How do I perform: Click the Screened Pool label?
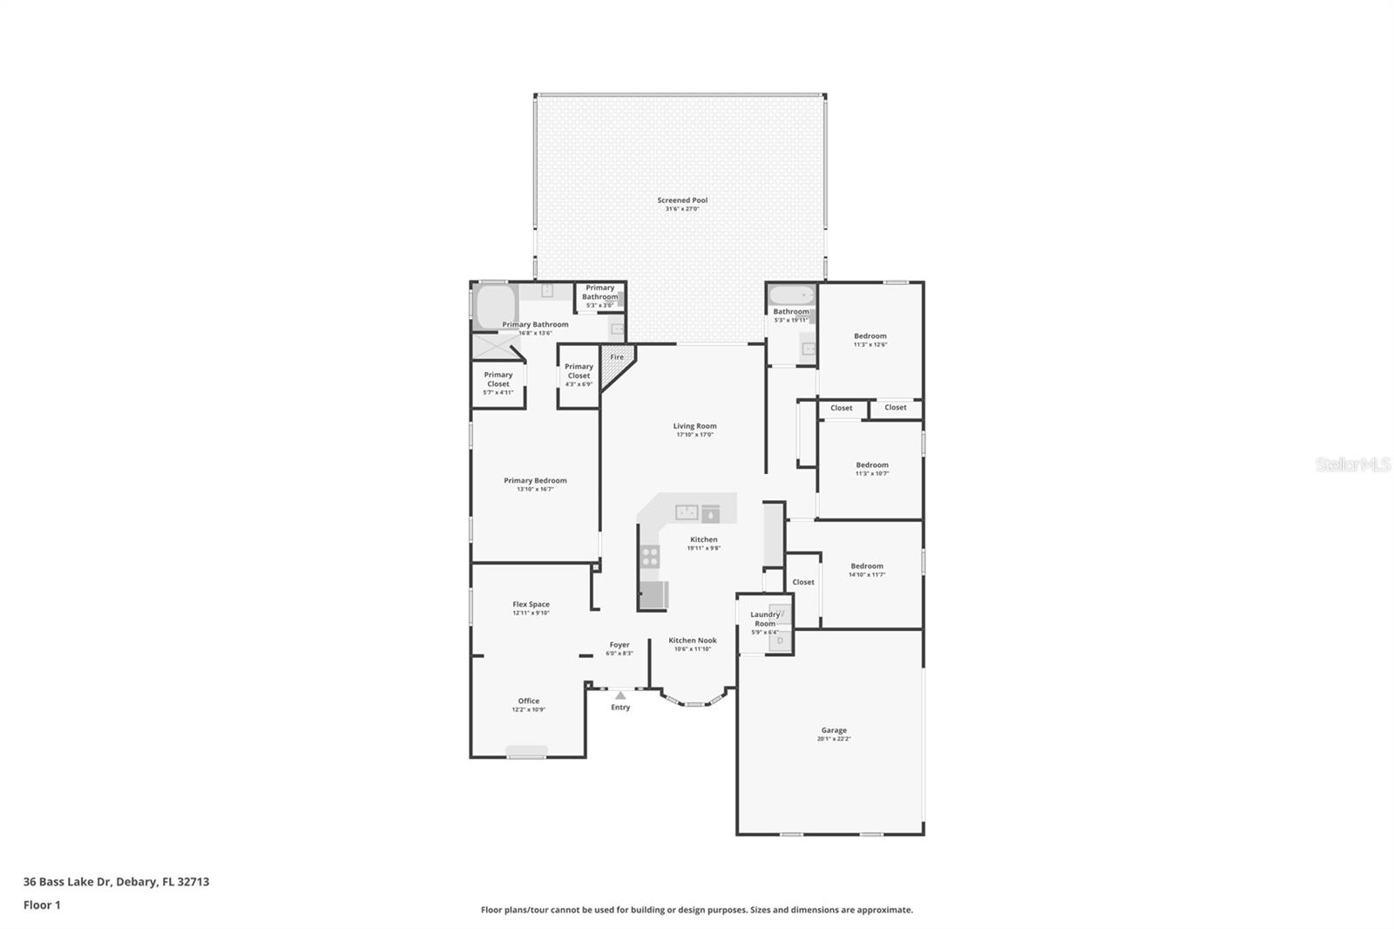(682, 200)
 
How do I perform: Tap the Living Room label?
(694, 426)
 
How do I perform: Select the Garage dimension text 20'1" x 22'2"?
(834, 739)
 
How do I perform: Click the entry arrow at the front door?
(619, 695)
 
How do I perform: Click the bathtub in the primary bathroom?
(495, 307)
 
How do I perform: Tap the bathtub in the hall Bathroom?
(792, 295)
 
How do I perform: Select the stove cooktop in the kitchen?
(650, 557)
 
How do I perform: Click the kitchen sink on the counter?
(687, 512)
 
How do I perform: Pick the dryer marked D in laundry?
(780, 641)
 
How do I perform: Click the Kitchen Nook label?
(693, 641)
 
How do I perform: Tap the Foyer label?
(619, 645)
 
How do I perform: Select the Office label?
(529, 701)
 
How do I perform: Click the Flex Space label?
(531, 604)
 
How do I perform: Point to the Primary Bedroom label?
(535, 480)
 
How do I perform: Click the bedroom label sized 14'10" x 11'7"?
(867, 566)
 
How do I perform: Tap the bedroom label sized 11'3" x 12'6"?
(870, 336)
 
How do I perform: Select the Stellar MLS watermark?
(1352, 464)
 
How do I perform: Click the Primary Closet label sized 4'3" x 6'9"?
(579, 371)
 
